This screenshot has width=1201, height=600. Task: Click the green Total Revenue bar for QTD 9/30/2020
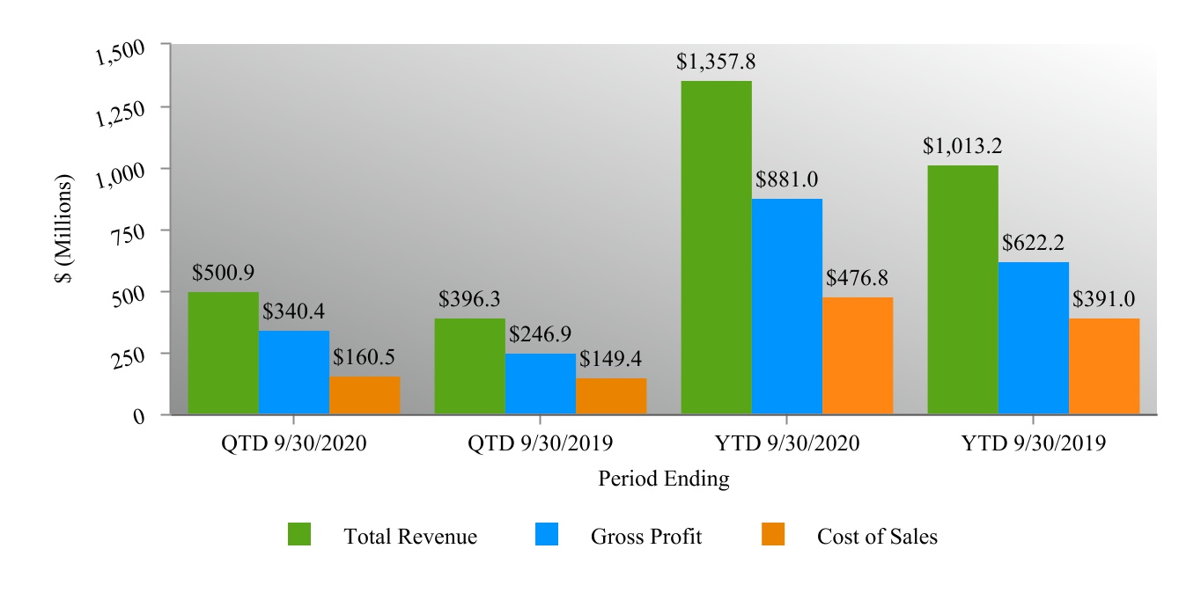pos(224,353)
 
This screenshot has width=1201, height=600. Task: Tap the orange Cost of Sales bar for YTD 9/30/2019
pos(1104,366)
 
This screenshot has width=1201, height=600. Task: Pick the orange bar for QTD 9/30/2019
pos(611,396)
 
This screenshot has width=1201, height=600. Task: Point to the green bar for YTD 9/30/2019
pos(963,289)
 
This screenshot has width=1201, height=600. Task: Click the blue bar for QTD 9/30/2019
pos(541,384)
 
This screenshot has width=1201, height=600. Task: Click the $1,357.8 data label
pos(716,62)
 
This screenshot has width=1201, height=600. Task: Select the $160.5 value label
pos(365,358)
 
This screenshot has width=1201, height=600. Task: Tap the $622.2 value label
pos(1035,243)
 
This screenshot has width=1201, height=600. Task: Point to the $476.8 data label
pos(858,278)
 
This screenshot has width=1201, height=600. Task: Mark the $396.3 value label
pos(469,299)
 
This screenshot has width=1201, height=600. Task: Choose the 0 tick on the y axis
pos(139,417)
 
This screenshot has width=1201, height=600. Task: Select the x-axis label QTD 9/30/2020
pos(293,443)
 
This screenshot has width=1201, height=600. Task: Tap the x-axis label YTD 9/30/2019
pos(1034,443)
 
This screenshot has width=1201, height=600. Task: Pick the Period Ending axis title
pos(663,479)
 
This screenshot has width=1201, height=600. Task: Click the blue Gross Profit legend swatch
pos(547,534)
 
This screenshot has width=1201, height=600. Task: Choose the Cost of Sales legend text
pos(877,537)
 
